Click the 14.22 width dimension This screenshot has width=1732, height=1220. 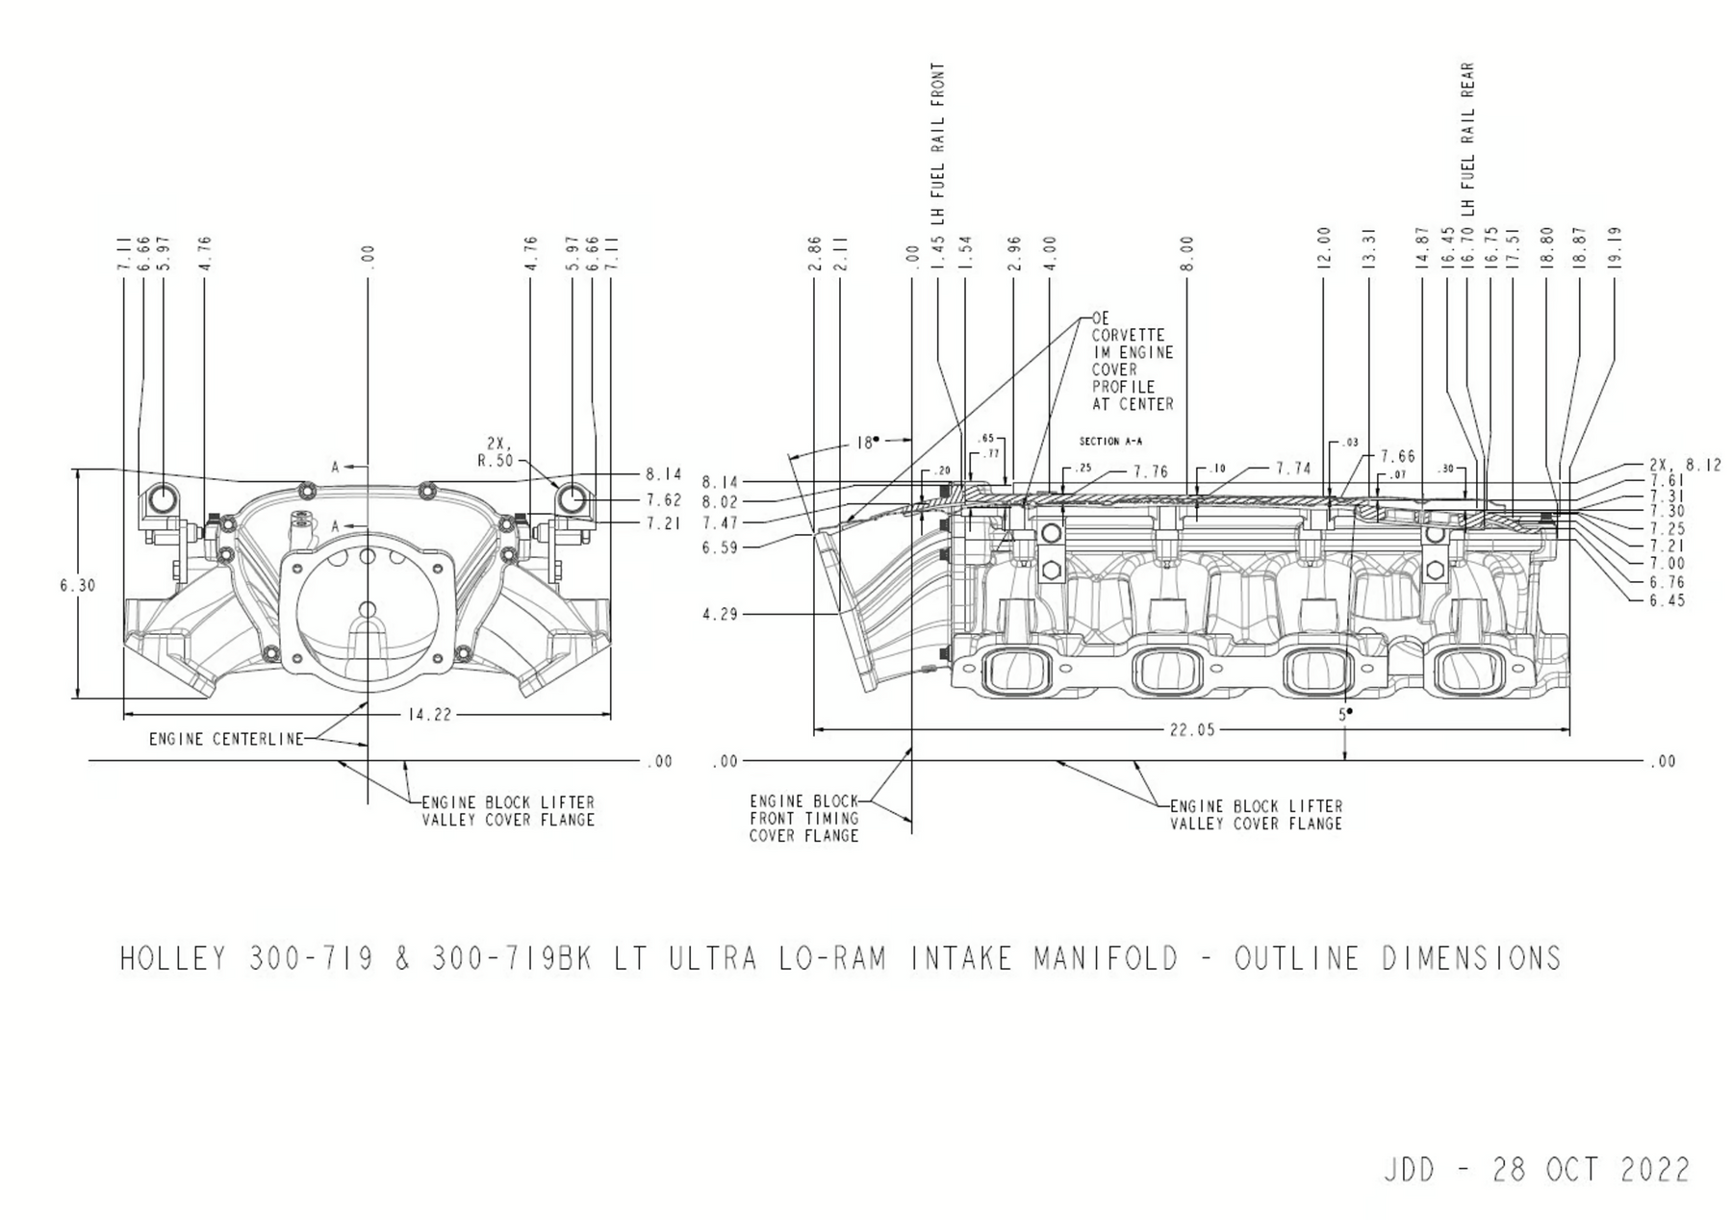click(x=429, y=715)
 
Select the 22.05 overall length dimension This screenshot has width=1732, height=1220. click(x=1192, y=730)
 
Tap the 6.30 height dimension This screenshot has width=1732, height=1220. click(x=78, y=585)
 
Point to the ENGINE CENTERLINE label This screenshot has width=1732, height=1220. click(x=225, y=739)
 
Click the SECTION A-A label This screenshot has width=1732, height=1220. click(x=1110, y=442)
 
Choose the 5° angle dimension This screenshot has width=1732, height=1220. click(x=1344, y=715)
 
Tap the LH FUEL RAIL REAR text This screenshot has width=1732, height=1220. click(x=1468, y=140)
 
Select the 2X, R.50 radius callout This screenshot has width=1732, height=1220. click(x=497, y=451)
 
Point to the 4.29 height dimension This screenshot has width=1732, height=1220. click(x=720, y=614)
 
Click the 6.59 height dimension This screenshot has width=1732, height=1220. click(x=720, y=547)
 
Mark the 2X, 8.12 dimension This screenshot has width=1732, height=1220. click(x=1685, y=466)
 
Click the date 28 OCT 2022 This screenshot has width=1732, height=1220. click(x=1591, y=1170)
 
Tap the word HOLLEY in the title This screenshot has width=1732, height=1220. click(x=173, y=959)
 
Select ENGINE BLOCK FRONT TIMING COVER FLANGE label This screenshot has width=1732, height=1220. click(x=804, y=818)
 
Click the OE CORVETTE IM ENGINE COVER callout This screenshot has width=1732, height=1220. click(x=1133, y=361)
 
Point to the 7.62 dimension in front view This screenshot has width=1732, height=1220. click(x=664, y=500)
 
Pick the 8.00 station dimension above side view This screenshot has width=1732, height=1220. click(x=1186, y=254)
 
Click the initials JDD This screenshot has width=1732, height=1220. click(x=1409, y=1170)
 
